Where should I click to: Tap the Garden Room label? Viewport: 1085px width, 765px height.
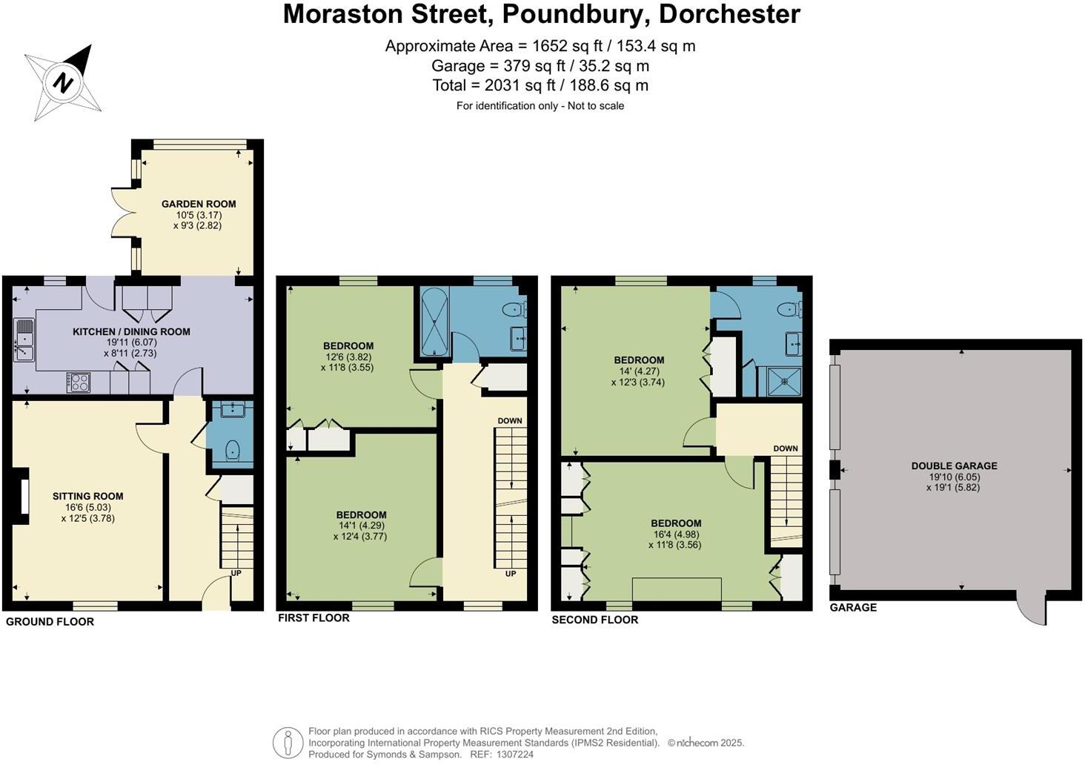(x=199, y=204)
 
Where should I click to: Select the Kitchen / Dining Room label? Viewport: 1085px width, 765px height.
(x=131, y=332)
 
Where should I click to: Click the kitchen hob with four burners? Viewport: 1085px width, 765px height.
(x=78, y=382)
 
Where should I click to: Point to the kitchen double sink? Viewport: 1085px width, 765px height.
(x=24, y=340)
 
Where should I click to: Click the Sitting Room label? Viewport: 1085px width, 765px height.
(x=87, y=496)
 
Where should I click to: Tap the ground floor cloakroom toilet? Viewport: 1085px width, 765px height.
(x=233, y=450)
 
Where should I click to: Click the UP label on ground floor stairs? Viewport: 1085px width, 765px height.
(x=236, y=573)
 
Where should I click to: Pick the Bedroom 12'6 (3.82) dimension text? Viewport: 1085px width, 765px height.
(x=348, y=357)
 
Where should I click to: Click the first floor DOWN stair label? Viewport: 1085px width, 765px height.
(x=510, y=420)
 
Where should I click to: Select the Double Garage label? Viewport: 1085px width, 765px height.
(x=955, y=466)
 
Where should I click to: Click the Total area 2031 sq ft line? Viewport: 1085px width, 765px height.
(x=540, y=86)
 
